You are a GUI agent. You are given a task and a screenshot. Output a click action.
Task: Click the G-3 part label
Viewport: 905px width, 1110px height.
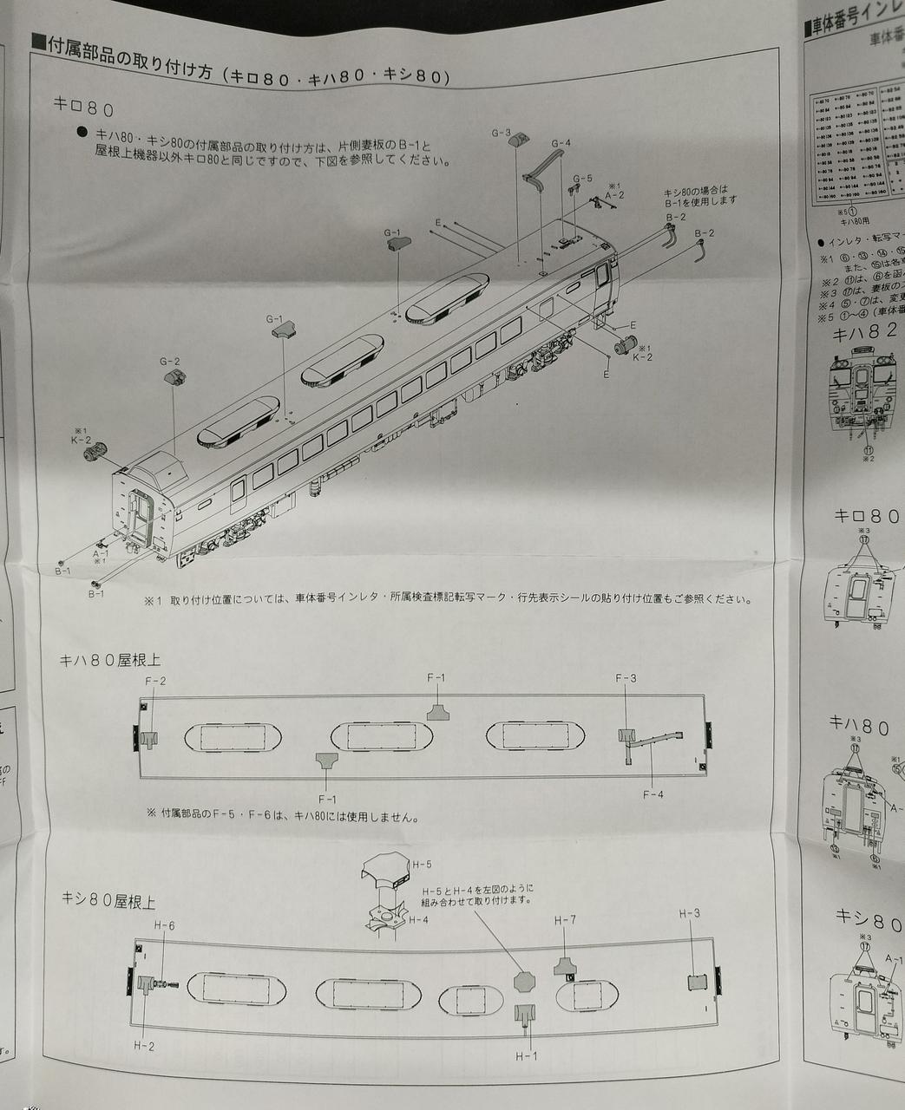501,133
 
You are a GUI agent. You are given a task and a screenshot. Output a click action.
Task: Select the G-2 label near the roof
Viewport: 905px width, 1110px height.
169,361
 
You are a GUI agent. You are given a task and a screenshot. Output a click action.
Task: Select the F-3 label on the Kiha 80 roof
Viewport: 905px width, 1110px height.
626,678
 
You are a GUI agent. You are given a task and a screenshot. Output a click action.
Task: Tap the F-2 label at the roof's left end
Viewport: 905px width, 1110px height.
155,681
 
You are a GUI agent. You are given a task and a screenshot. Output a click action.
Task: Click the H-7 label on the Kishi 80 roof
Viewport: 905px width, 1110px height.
565,920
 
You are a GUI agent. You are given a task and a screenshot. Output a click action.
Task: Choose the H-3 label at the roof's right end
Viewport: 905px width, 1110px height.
689,913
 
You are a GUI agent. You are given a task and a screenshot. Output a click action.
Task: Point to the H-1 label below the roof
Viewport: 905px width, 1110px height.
526,1056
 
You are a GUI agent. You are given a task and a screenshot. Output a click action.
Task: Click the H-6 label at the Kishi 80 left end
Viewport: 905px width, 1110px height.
164,925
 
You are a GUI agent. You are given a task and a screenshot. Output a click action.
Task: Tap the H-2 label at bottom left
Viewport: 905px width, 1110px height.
144,1046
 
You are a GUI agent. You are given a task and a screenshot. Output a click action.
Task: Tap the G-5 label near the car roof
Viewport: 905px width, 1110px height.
582,178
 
